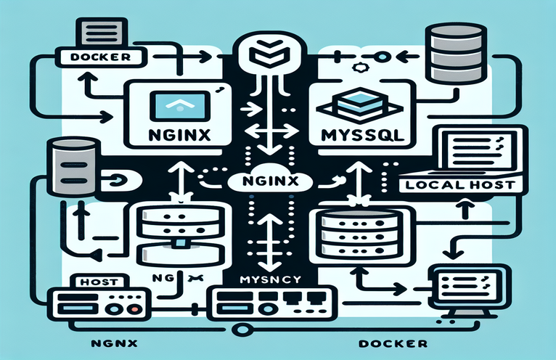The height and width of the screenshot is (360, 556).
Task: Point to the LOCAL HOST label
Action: tap(459, 184)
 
